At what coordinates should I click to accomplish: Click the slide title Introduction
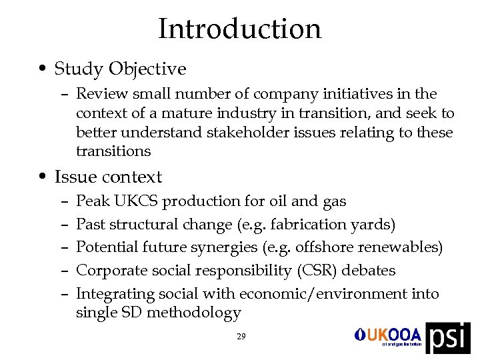click(x=239, y=29)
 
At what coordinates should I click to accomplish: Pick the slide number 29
click(x=241, y=337)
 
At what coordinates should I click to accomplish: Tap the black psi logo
click(x=447, y=337)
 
